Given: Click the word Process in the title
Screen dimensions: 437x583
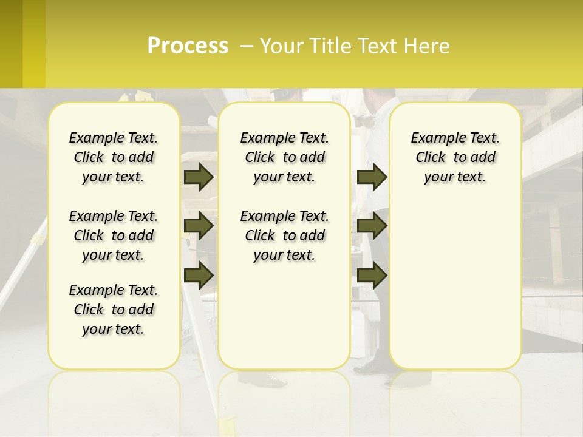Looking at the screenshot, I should coord(188,46).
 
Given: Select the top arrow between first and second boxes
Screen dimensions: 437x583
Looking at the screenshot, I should coord(199,177).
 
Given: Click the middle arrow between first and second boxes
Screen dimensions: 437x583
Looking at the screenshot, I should coord(199,226).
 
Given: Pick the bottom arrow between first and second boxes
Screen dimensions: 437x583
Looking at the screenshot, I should coord(199,275).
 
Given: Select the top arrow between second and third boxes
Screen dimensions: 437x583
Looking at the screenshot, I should coord(372,177).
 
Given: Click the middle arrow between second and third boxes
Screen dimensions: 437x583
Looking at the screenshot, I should coord(372,226).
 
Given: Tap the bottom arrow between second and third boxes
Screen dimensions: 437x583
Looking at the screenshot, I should coord(372,275).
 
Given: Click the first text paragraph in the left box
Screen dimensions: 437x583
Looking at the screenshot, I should coord(114,157).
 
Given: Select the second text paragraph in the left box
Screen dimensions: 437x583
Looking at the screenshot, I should coord(114,235).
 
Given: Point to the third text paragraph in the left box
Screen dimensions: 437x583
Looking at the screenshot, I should coord(114,310).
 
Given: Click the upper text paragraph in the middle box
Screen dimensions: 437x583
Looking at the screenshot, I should coord(284,157).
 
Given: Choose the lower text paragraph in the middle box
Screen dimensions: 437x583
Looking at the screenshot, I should coord(284,235).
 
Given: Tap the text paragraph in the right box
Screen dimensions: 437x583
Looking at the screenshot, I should coord(455,157).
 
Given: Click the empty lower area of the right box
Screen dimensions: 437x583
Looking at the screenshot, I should coord(455,285).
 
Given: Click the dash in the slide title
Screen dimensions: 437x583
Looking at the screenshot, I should coord(246,46).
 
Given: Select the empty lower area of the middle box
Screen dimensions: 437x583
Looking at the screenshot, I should coord(284,316).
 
